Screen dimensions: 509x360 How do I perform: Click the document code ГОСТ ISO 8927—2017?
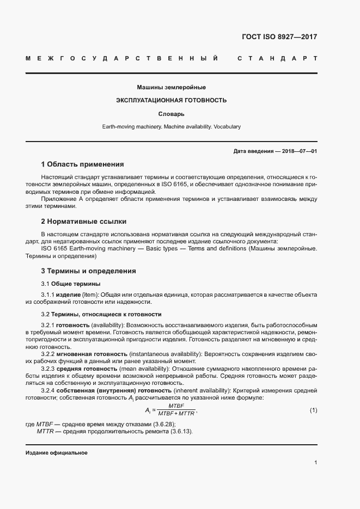[279, 37]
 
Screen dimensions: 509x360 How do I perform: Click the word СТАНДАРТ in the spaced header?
[277, 58]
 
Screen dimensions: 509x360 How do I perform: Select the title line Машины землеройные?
[171, 87]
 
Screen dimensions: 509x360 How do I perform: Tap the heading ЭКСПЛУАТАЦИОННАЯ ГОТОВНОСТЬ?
[171, 101]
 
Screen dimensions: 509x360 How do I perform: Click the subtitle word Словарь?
[171, 114]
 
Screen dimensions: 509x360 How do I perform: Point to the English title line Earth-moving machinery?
[171, 127]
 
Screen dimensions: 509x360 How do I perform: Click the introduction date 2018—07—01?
[299, 151]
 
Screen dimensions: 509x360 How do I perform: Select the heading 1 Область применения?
[82, 164]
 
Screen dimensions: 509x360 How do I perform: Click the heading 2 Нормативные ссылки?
[83, 222]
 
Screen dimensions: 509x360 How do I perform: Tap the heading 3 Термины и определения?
[88, 271]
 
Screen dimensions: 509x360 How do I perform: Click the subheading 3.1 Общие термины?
[71, 284]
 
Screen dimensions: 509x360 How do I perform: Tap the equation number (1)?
[313, 409]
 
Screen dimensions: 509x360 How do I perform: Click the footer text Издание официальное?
[57, 453]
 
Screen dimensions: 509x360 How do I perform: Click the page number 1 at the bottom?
[315, 463]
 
